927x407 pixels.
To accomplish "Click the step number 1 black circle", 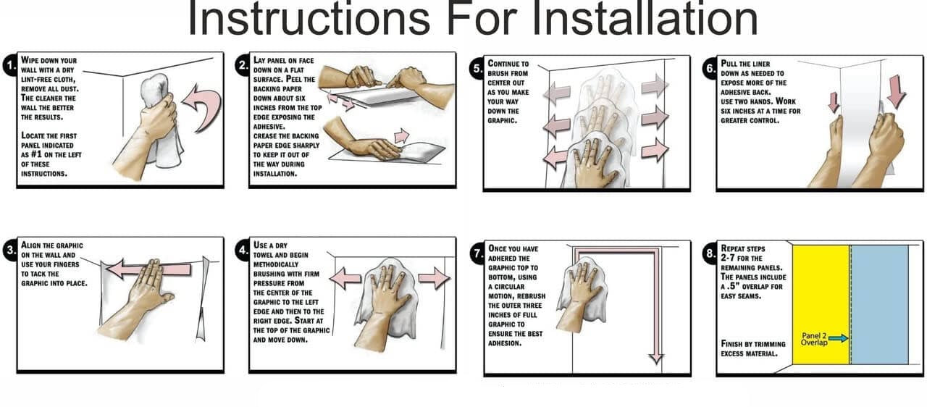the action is [x=11, y=65].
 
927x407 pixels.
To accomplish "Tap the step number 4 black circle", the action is [x=244, y=251].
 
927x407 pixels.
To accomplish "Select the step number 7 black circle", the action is [x=478, y=253].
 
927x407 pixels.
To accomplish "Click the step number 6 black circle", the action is [x=710, y=69].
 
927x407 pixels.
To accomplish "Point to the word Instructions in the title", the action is [x=309, y=18].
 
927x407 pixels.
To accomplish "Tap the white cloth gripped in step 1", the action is [x=159, y=120].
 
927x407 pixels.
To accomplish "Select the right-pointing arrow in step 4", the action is [x=434, y=278].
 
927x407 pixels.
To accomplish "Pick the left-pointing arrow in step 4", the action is [x=345, y=278].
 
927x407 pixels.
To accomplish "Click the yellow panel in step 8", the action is [x=821, y=305].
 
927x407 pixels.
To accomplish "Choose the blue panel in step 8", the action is [x=879, y=305].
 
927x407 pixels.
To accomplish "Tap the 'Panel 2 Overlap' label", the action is [x=814, y=339].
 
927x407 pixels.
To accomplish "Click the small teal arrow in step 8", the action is [x=839, y=339].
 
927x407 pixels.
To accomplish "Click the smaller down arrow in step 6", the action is [x=834, y=103].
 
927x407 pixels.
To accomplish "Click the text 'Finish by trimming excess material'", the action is [x=753, y=348].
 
